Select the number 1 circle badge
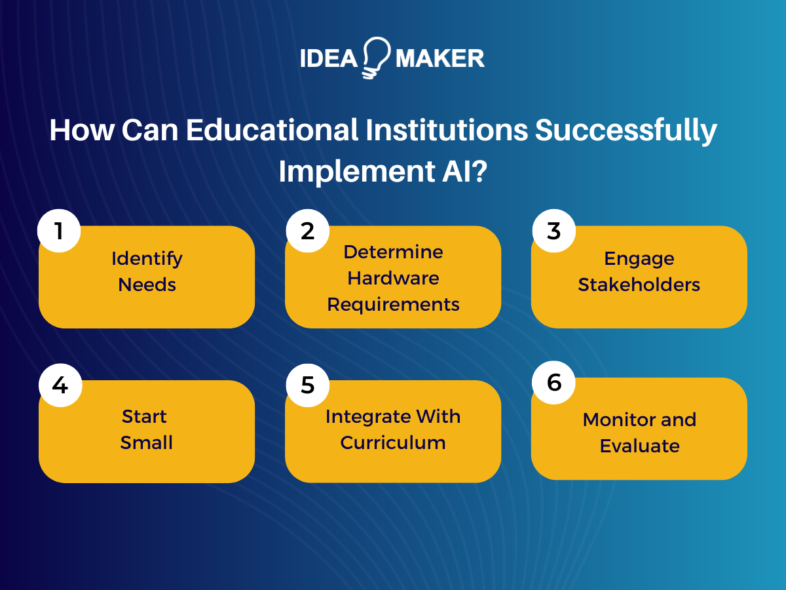(x=60, y=231)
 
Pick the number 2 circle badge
(x=307, y=231)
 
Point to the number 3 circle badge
(x=554, y=231)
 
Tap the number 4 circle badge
(x=60, y=385)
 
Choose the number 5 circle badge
(x=307, y=385)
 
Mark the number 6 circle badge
(x=554, y=382)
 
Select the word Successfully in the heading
(x=626, y=130)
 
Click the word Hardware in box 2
(x=393, y=278)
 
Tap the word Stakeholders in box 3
(x=639, y=285)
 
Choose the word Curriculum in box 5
(x=393, y=442)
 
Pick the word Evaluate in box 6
(x=639, y=446)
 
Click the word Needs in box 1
(x=147, y=285)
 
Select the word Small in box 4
(x=147, y=442)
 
